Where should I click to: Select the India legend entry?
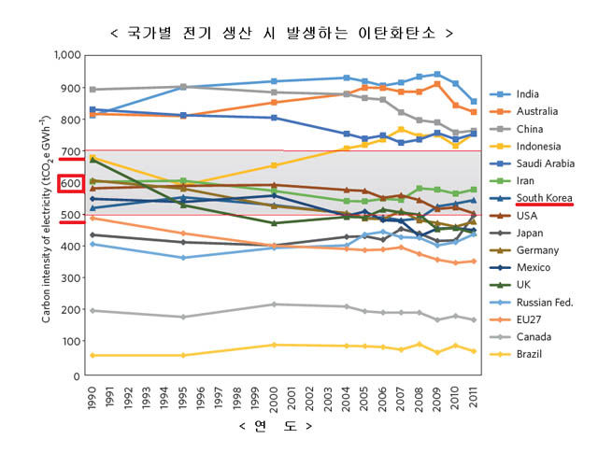[526, 94]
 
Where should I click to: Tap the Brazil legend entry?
[528, 354]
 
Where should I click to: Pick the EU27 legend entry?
[526, 319]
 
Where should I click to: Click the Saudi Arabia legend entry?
[542, 163]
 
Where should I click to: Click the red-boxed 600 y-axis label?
[71, 184]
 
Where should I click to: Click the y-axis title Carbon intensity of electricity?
[46, 215]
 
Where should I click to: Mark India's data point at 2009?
[436, 74]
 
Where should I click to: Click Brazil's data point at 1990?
[91, 356]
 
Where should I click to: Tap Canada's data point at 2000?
[273, 304]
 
